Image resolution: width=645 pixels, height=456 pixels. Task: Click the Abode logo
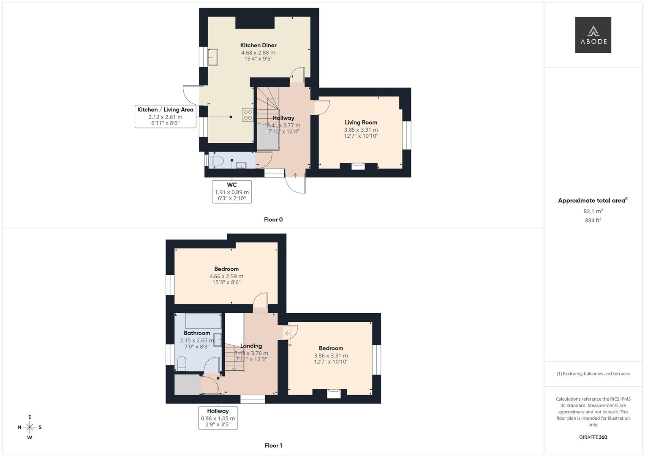point(593,35)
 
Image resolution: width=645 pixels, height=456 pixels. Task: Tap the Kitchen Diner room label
point(258,46)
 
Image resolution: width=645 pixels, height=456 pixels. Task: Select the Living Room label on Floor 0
point(361,122)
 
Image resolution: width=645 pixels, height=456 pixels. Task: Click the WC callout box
point(231,192)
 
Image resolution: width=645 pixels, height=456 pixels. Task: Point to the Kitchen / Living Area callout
point(165,116)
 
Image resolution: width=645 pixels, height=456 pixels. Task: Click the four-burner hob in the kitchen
point(248,115)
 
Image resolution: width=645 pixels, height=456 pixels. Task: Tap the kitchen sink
point(212,57)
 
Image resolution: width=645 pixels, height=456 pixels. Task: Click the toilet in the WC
point(217,160)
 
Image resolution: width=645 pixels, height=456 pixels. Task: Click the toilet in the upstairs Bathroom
point(182,363)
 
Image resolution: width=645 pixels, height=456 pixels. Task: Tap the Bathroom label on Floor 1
point(197,333)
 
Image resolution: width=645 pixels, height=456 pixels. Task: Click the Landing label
point(251,346)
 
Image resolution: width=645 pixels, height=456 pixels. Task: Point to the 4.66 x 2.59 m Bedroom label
point(226,269)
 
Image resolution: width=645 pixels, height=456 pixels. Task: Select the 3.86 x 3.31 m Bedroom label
point(331,348)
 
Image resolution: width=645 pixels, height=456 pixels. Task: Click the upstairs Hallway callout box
point(218,418)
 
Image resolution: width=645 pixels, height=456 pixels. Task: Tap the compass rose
point(30,427)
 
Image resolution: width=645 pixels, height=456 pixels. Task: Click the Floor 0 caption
point(273,220)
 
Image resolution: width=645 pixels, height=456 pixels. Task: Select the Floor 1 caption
point(273,445)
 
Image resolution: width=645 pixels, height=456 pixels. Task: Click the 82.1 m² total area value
point(593,211)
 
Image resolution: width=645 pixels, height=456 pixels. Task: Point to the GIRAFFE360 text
point(593,437)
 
